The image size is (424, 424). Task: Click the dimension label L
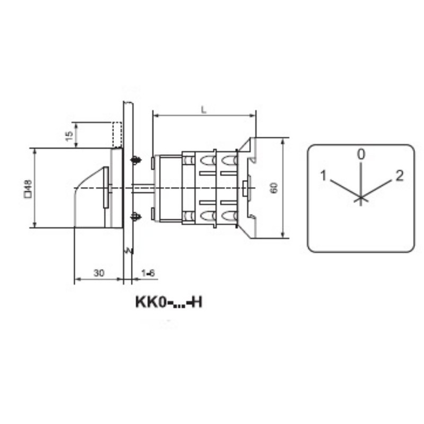point(204,110)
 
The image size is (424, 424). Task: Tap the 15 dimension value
point(69,136)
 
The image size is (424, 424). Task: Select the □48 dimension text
point(28,189)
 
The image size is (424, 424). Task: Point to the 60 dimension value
point(274,188)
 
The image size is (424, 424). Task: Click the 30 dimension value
point(99,273)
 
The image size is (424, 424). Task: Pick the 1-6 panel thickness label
point(148,273)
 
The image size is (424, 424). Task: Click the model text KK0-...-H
point(169,302)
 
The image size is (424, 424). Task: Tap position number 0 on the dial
point(361,154)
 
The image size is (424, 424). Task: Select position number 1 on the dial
point(323,175)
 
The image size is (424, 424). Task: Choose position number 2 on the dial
point(400,175)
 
